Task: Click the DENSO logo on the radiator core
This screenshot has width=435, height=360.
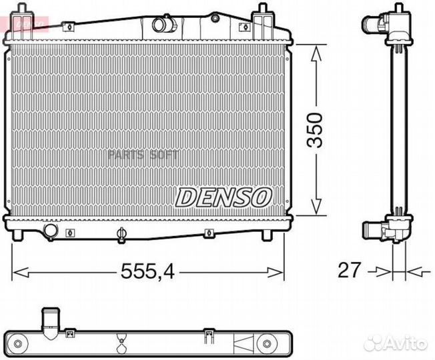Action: [224, 195]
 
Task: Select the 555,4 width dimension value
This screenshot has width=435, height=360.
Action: [148, 271]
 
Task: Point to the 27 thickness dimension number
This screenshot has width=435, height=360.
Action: [350, 271]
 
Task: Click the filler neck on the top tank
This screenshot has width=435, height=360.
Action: [162, 25]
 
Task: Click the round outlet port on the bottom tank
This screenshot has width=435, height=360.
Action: [49, 231]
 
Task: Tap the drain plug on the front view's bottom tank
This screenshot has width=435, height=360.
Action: [121, 233]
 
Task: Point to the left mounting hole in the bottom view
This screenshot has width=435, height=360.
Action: [23, 345]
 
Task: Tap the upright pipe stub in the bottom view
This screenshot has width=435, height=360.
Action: [49, 321]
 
